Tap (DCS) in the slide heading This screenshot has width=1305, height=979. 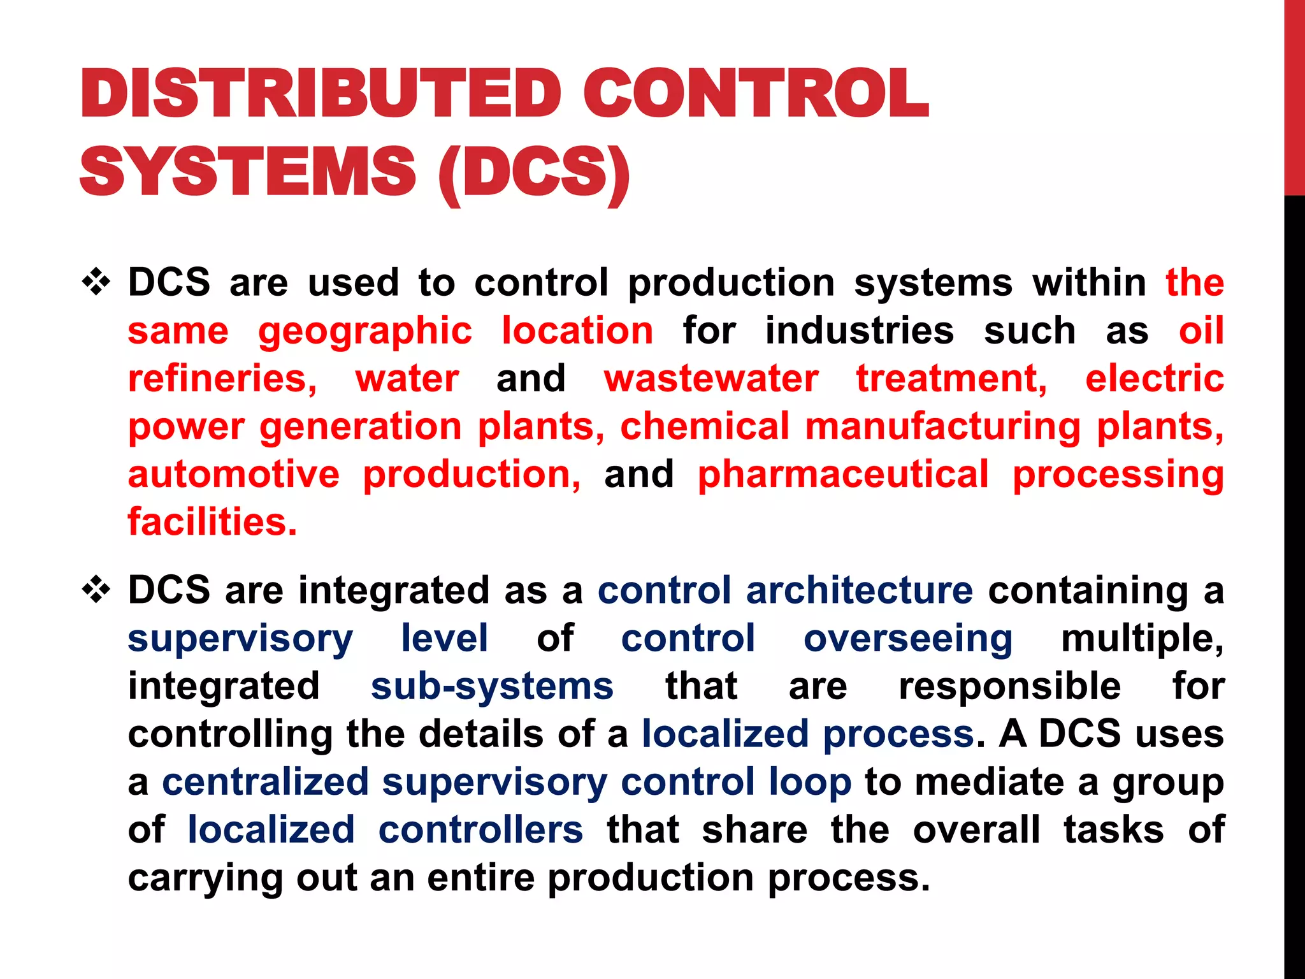(x=534, y=172)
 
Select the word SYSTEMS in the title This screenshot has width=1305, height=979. (x=248, y=172)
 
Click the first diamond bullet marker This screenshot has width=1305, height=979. (x=96, y=282)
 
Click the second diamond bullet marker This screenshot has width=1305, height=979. (x=96, y=590)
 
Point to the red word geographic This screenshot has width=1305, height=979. (x=365, y=331)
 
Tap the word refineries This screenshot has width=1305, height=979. (x=222, y=379)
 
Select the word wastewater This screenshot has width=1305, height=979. (x=711, y=379)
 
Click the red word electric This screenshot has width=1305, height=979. (x=1154, y=379)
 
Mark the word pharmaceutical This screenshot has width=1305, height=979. (x=843, y=474)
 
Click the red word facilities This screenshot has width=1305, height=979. (x=212, y=522)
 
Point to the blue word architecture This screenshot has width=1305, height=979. (x=859, y=590)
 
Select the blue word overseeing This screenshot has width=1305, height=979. (x=907, y=638)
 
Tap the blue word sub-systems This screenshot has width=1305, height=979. (x=492, y=686)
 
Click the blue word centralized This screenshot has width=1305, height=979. (x=266, y=782)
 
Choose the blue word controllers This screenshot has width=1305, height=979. (x=480, y=830)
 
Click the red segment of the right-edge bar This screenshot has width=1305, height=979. (x=1294, y=96)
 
